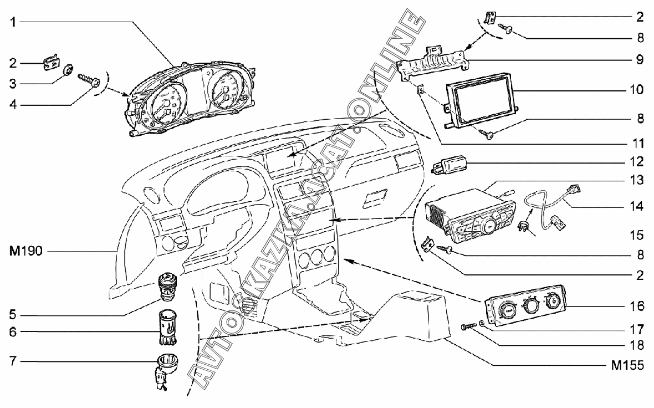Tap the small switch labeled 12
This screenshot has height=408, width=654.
click(452, 164)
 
